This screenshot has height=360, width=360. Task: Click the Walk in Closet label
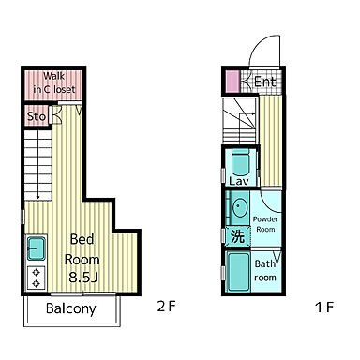(54, 82)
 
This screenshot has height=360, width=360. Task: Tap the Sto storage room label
(37, 116)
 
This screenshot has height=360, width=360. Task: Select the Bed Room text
(82, 249)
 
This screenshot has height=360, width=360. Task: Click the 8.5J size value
(83, 277)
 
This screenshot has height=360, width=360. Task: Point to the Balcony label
(70, 308)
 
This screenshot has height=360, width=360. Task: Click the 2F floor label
(167, 307)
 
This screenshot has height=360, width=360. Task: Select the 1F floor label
(324, 307)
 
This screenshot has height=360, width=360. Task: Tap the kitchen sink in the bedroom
(36, 248)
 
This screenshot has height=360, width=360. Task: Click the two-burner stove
(37, 277)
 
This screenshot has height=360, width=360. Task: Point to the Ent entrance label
(265, 82)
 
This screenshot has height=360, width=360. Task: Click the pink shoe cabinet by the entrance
(232, 82)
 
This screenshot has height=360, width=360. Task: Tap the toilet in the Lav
(241, 162)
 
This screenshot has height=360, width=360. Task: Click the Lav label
(239, 181)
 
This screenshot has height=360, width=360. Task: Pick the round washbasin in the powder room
(240, 207)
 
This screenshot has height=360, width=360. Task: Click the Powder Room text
(265, 224)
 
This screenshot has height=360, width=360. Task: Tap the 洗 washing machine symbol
(238, 236)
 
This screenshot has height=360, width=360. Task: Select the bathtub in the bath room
(238, 271)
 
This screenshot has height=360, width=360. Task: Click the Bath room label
(265, 270)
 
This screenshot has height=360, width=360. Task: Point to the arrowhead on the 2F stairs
(37, 197)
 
